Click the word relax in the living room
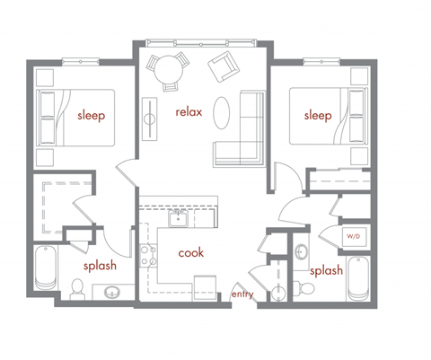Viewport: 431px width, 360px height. (189, 112)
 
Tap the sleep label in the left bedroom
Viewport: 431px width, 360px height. (91, 115)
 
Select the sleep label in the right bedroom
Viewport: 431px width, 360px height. (318, 116)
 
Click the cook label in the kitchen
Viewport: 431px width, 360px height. (190, 253)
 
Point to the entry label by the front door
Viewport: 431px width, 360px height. (242, 294)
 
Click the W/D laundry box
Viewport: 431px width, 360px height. (354, 236)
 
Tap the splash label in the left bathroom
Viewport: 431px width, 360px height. (99, 267)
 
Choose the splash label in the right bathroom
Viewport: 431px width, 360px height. (324, 270)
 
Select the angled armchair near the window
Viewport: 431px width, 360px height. (222, 66)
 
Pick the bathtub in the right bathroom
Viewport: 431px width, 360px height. (357, 279)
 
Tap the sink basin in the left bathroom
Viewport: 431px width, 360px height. (112, 293)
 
